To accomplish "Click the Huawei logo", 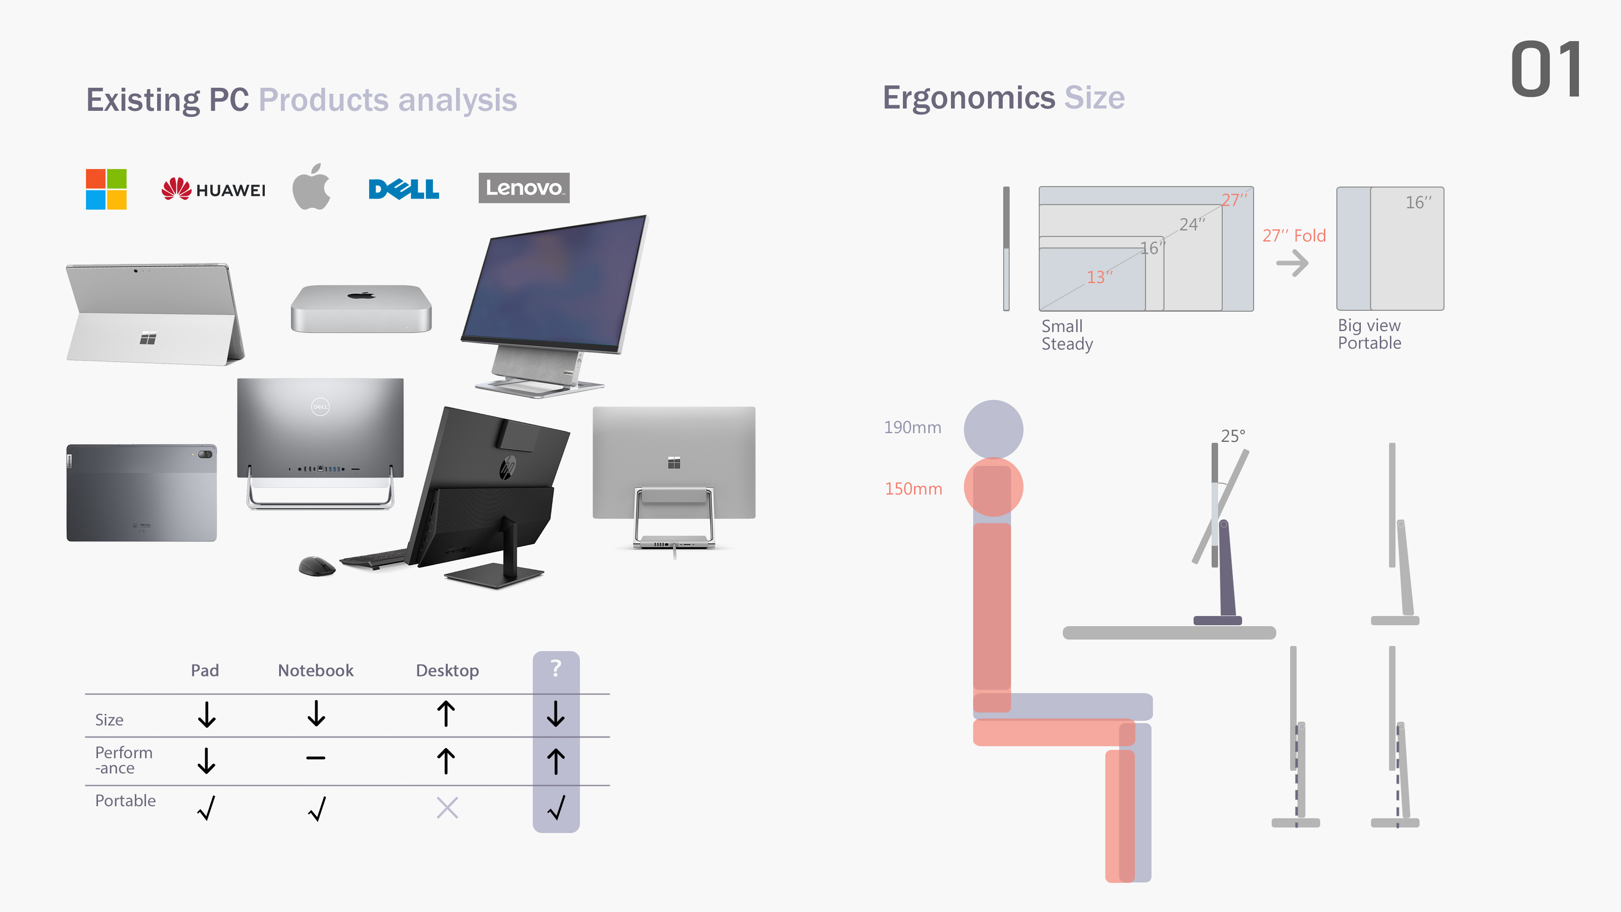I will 213,189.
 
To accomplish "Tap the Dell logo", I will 403,189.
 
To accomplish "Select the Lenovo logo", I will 524,187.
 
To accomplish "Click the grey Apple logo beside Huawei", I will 311,187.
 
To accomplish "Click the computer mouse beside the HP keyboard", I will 317,565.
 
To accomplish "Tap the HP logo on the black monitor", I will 508,467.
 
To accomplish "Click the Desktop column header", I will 447,670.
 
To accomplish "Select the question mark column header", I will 555,668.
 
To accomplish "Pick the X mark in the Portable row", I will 447,808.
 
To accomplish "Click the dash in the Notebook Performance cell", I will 316,758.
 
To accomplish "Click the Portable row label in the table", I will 125,801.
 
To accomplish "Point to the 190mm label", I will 913,427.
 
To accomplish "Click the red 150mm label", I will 913,489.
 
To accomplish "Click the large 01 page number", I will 1546,69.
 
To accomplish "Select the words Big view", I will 1369,325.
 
